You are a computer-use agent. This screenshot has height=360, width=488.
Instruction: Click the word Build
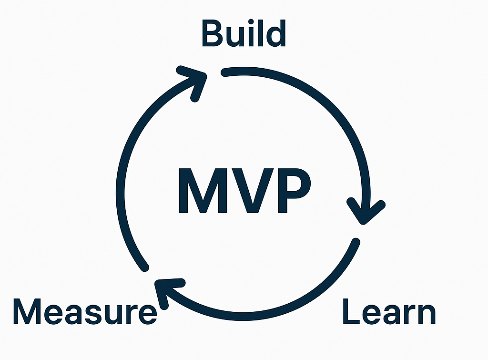coord(244,33)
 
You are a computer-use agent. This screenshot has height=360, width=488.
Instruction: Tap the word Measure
coord(84,312)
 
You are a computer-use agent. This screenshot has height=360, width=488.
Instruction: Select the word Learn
coord(389,312)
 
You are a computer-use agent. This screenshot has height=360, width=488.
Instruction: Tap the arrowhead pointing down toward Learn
coord(365,212)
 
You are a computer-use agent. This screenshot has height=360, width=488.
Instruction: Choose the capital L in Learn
coord(350,312)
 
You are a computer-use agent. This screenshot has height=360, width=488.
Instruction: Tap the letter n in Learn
coord(425,315)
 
